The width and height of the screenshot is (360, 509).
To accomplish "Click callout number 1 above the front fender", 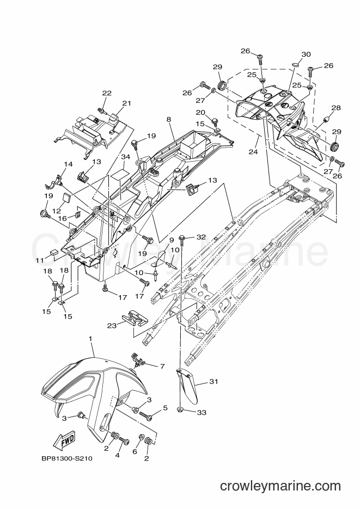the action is click(x=90, y=339).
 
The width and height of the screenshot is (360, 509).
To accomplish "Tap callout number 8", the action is click(x=168, y=119).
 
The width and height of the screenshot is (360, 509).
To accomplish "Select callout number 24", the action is click(x=253, y=151).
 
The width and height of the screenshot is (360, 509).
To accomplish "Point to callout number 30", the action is click(x=306, y=54).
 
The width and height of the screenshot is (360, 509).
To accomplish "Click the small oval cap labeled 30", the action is click(x=295, y=65).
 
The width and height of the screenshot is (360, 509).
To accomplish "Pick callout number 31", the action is click(x=213, y=382).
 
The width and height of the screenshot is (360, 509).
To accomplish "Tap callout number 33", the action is click(x=202, y=413).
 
